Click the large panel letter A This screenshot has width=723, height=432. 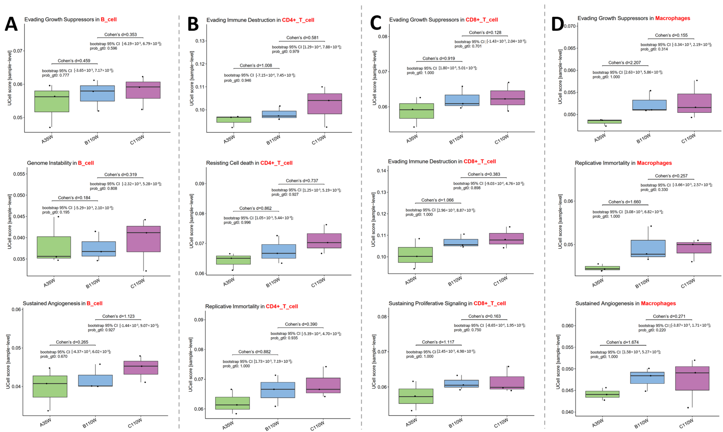(x=11, y=24)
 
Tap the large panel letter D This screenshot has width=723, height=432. (x=557, y=24)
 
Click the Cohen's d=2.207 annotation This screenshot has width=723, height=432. (x=625, y=63)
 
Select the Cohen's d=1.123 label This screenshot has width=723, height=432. (x=118, y=316)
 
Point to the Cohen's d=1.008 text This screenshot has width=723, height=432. (x=256, y=66)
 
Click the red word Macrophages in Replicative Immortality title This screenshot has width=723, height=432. (x=654, y=163)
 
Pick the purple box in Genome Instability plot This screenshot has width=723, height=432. (x=144, y=239)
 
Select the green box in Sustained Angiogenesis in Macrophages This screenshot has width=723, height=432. (x=602, y=394)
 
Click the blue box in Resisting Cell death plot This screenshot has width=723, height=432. (x=279, y=251)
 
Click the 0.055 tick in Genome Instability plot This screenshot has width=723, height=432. (x=19, y=174)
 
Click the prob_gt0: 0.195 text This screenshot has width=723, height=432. (x=56, y=212)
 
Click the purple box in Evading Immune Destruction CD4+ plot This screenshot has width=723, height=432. (x=325, y=104)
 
